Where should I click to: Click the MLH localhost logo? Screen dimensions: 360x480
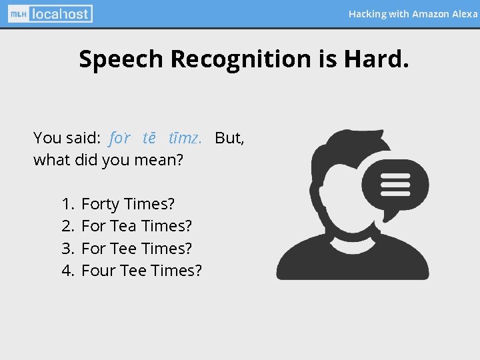[x=51, y=13]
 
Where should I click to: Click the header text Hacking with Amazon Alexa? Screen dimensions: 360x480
[x=413, y=13]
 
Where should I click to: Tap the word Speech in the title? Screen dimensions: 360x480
[x=121, y=59]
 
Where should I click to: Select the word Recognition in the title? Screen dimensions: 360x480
[x=241, y=59]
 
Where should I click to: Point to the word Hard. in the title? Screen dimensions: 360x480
[x=376, y=59]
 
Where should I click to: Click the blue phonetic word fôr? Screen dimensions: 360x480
[x=120, y=138]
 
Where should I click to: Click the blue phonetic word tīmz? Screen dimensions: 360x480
[x=185, y=138]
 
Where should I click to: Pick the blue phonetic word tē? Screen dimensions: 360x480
[x=149, y=138]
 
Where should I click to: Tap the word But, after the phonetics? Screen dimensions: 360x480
[x=229, y=138]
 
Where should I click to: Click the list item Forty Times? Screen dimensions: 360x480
[x=128, y=204]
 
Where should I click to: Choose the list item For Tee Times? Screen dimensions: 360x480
[x=137, y=248]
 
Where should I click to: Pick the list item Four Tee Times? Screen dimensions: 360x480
[x=141, y=270]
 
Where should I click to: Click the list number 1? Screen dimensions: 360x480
[x=67, y=204]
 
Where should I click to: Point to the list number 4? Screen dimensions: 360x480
[x=67, y=270]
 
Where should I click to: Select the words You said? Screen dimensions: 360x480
[x=67, y=138]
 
